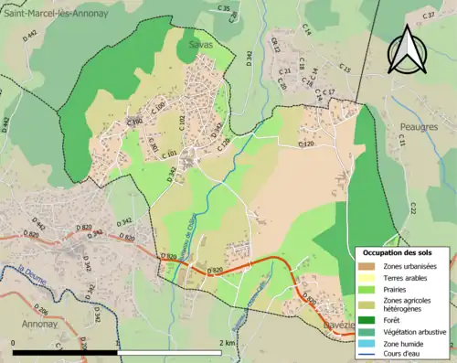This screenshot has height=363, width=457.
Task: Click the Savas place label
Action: coord(201,44)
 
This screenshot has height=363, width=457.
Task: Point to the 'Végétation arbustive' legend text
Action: coord(416,330)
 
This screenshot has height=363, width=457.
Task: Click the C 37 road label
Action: coord(428,16)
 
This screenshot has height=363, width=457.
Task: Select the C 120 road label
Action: coord(306,144)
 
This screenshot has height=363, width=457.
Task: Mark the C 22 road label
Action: coord(412,209)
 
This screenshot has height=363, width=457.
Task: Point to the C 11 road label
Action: coord(399,140)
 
